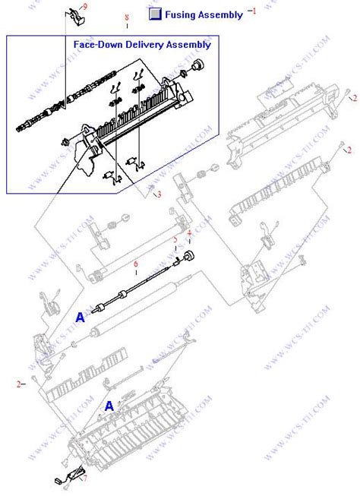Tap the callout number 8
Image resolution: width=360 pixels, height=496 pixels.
click(126, 17)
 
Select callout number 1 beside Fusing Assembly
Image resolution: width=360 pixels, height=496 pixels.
click(254, 11)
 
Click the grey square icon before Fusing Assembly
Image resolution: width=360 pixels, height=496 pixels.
click(156, 14)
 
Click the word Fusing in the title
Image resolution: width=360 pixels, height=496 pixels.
click(185, 14)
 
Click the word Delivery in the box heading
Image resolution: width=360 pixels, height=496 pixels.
click(143, 45)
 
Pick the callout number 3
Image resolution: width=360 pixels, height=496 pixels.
click(159, 194)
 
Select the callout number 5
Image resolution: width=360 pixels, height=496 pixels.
click(175, 241)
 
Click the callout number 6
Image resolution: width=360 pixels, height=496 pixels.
click(135, 264)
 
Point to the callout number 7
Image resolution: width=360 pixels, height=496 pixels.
click(84, 478)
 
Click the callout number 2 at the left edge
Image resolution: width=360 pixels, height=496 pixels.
click(18, 384)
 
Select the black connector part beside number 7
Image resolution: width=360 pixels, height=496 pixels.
click(62, 480)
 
